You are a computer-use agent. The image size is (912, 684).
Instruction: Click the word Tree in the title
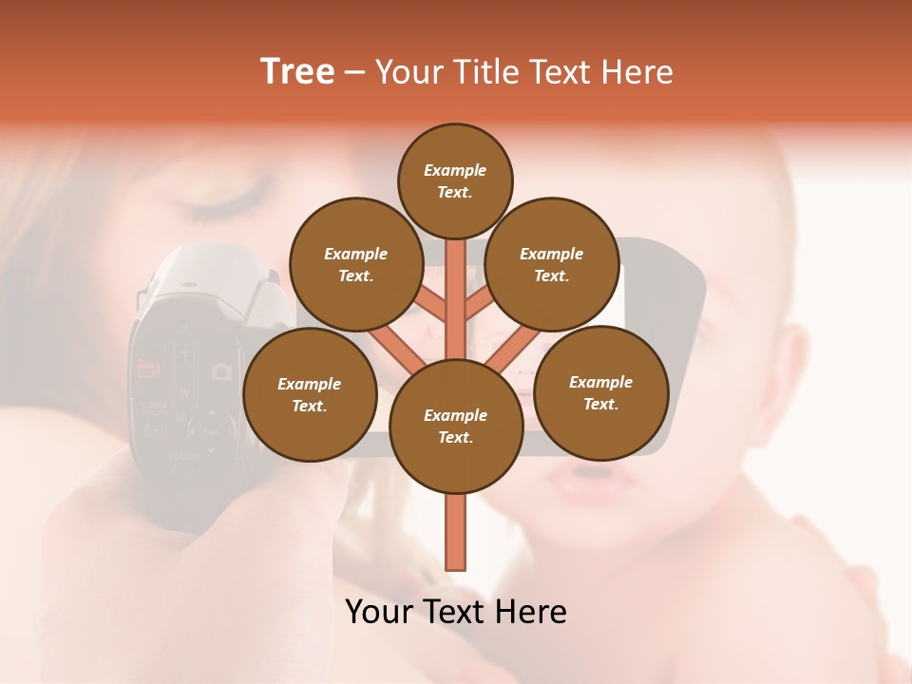pyautogui.click(x=297, y=72)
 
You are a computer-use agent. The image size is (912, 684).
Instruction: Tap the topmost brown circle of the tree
pyautogui.click(x=455, y=180)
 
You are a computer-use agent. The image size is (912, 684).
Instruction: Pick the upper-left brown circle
pyautogui.click(x=355, y=264)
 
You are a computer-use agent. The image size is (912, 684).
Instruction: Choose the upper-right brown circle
pyautogui.click(x=551, y=264)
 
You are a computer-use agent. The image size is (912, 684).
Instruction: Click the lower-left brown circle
pyautogui.click(x=310, y=394)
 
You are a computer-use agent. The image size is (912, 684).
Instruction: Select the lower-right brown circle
pyautogui.click(x=600, y=392)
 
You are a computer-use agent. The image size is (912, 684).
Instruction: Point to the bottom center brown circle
pyautogui.click(x=455, y=426)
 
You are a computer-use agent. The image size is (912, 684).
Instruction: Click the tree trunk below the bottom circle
pyautogui.click(x=456, y=532)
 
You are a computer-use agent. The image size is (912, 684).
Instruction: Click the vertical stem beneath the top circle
pyautogui.click(x=456, y=285)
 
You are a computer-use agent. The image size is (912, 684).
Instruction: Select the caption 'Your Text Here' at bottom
pyautogui.click(x=456, y=612)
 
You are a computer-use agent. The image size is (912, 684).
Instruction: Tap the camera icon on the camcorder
pyautogui.click(x=221, y=370)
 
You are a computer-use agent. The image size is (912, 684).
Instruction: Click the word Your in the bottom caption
pyautogui.click(x=379, y=612)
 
